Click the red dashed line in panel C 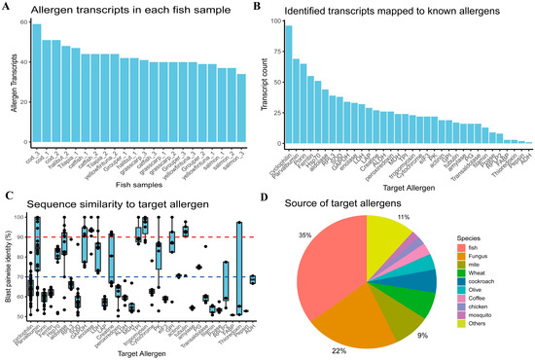pos(146,236)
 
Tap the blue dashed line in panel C pos(146,278)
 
